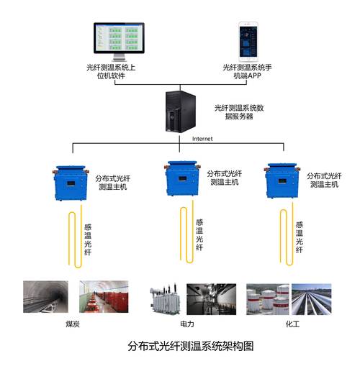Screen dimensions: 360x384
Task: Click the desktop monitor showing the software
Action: click(x=119, y=42)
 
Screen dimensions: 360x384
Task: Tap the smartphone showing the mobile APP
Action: click(x=248, y=42)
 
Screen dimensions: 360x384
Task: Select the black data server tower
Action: click(x=181, y=111)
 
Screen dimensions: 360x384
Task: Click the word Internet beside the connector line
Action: click(x=202, y=139)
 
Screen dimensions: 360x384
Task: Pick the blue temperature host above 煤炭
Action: click(x=71, y=183)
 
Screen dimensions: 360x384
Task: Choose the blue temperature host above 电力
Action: click(x=182, y=178)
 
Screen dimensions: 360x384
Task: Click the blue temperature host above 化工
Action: click(x=282, y=180)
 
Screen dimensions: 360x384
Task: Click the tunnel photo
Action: click(x=45, y=296)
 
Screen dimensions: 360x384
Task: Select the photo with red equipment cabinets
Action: click(x=104, y=296)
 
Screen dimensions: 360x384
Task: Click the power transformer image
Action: click(x=166, y=298)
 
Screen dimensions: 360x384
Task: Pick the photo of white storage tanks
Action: click(x=268, y=299)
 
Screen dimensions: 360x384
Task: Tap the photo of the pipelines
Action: click(x=312, y=299)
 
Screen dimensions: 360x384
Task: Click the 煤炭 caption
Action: click(x=73, y=324)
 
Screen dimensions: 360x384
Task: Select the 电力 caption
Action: click(x=187, y=324)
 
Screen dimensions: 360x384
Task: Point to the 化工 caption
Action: click(x=292, y=324)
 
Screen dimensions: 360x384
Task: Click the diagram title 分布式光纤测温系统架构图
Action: click(x=191, y=347)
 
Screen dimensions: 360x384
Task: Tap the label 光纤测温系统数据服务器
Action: click(x=239, y=112)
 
